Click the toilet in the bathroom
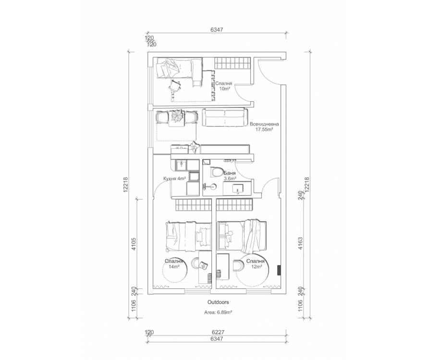point(217,172)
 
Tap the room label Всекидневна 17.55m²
point(264,127)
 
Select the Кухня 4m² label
point(175,179)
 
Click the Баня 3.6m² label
point(230,176)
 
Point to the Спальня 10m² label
point(223,86)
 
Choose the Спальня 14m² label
point(174,264)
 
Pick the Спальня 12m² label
point(256,264)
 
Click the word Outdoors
point(218,302)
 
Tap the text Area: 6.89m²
point(218,312)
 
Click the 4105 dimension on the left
point(134,244)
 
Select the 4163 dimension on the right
point(300,243)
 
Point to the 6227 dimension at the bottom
point(218,332)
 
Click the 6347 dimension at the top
point(217,29)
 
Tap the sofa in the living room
point(225,118)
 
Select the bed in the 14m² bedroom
point(188,236)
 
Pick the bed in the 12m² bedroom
point(242,236)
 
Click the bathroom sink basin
point(237,189)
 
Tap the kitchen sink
point(181,165)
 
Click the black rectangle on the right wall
point(279,270)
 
